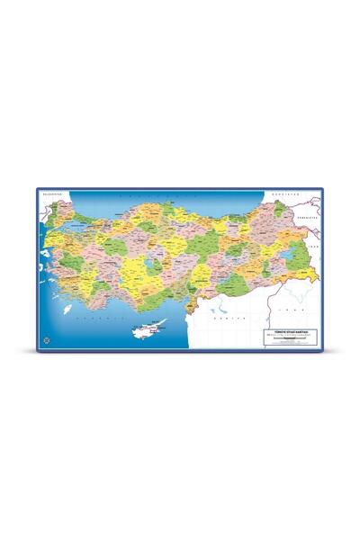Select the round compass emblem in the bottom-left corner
point(44,339)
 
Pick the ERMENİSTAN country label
point(310,216)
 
